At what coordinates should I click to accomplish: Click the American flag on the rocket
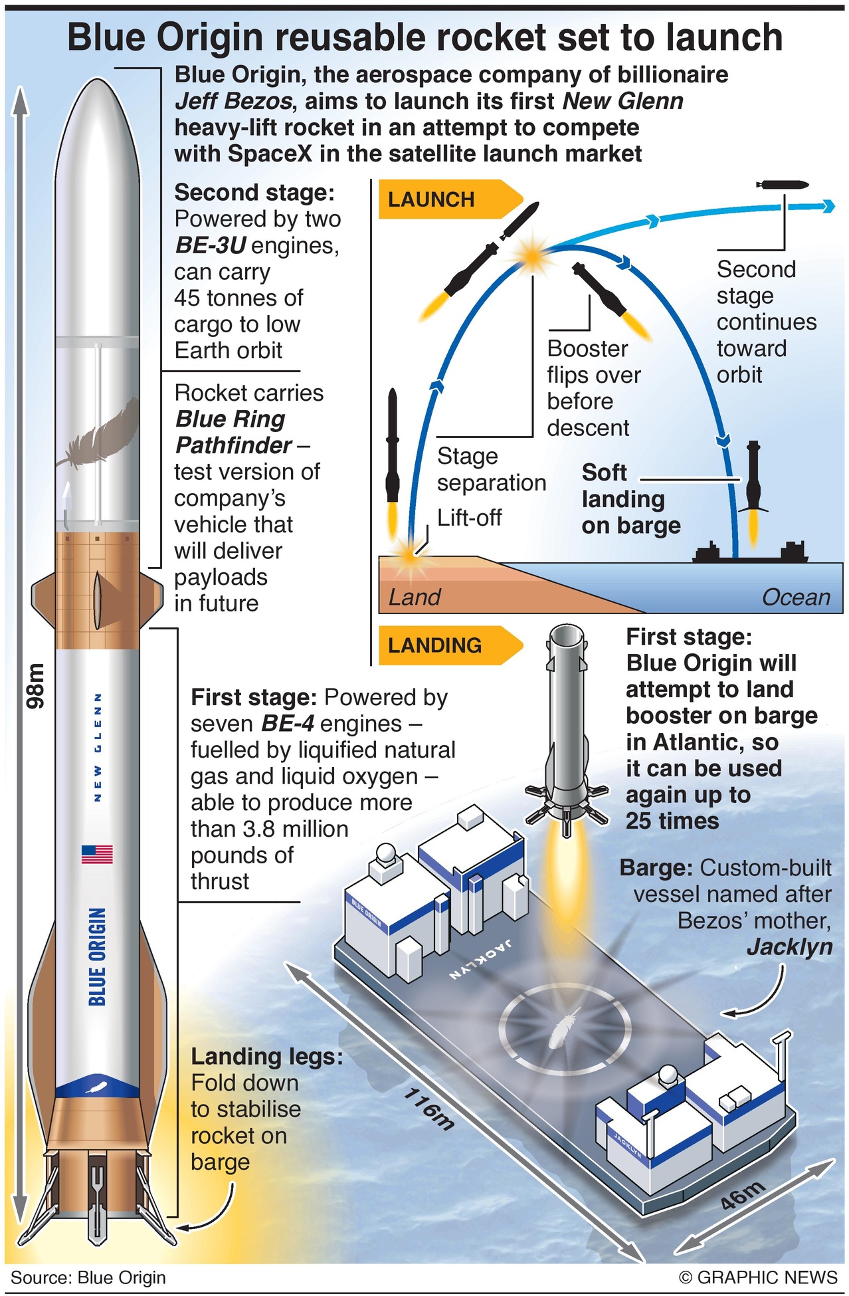[97, 853]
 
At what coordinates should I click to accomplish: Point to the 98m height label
[35, 685]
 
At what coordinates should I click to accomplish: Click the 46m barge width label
[743, 1194]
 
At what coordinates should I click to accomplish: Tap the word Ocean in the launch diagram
[796, 597]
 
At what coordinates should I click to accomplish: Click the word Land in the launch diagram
[415, 597]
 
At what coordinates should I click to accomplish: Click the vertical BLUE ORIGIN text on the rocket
[97, 956]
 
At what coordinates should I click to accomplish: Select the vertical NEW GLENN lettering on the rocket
[98, 747]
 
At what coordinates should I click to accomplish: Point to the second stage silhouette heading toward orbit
[782, 185]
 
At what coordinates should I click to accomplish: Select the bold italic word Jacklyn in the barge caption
[790, 947]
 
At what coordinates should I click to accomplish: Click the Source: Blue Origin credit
[88, 1277]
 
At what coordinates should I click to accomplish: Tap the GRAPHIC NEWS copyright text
[758, 1277]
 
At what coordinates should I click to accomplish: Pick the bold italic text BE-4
[288, 724]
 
